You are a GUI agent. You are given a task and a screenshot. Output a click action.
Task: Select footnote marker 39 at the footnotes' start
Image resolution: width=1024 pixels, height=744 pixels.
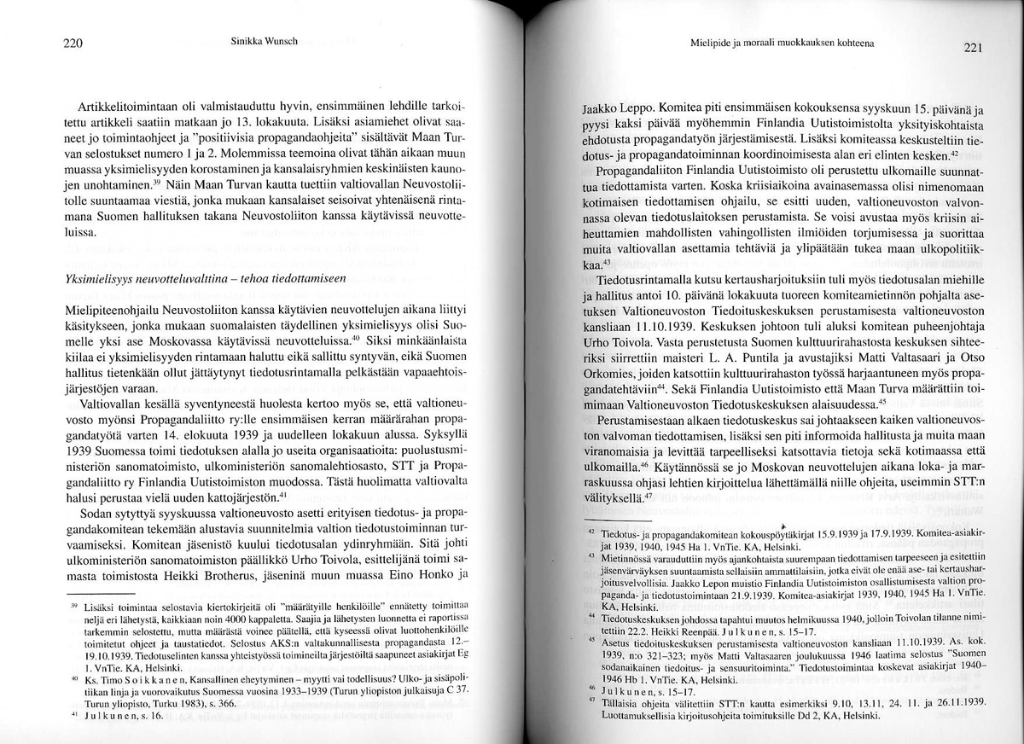[x=73, y=603]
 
